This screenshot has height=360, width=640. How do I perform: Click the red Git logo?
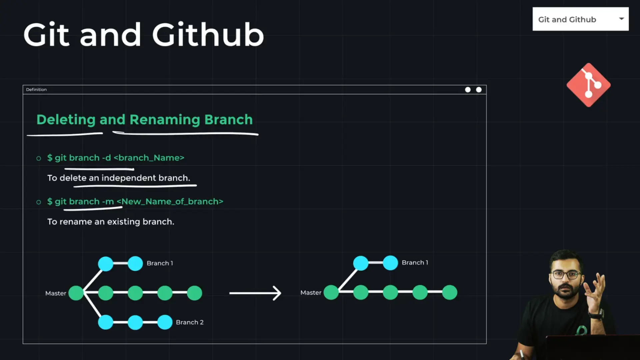589,85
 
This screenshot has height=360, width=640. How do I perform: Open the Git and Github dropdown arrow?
621,19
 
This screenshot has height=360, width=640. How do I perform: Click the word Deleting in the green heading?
66,120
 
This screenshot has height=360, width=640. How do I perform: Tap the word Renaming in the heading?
165,120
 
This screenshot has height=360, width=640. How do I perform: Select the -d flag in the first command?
106,158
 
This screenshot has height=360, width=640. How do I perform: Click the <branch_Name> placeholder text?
149,158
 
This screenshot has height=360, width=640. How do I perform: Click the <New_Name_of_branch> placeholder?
170,202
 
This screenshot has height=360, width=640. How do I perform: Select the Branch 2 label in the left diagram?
190,322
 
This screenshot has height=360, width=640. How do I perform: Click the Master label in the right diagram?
311,293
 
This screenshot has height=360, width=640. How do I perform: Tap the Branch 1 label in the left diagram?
160,263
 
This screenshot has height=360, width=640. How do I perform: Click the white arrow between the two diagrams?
255,293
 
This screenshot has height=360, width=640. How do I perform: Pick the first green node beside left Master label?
76,293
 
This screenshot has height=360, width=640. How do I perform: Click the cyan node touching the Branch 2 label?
165,322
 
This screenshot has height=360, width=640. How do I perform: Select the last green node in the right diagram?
450,292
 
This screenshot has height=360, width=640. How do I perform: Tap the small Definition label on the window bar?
36,89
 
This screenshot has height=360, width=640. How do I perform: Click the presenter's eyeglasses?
566,275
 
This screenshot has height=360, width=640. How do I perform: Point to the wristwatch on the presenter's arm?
597,314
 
